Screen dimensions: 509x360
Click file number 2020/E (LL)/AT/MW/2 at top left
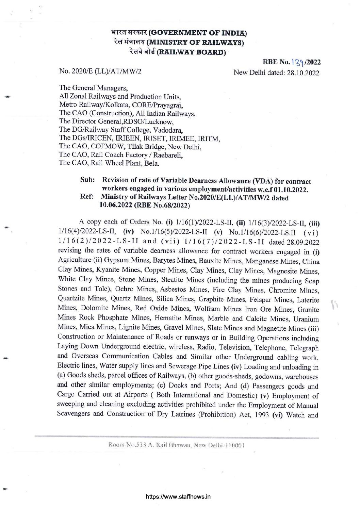(x=100, y=71)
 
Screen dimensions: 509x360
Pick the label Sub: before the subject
(x=87, y=180)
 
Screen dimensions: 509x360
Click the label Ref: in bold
(x=86, y=197)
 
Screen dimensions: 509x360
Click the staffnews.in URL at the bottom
(x=178, y=497)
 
